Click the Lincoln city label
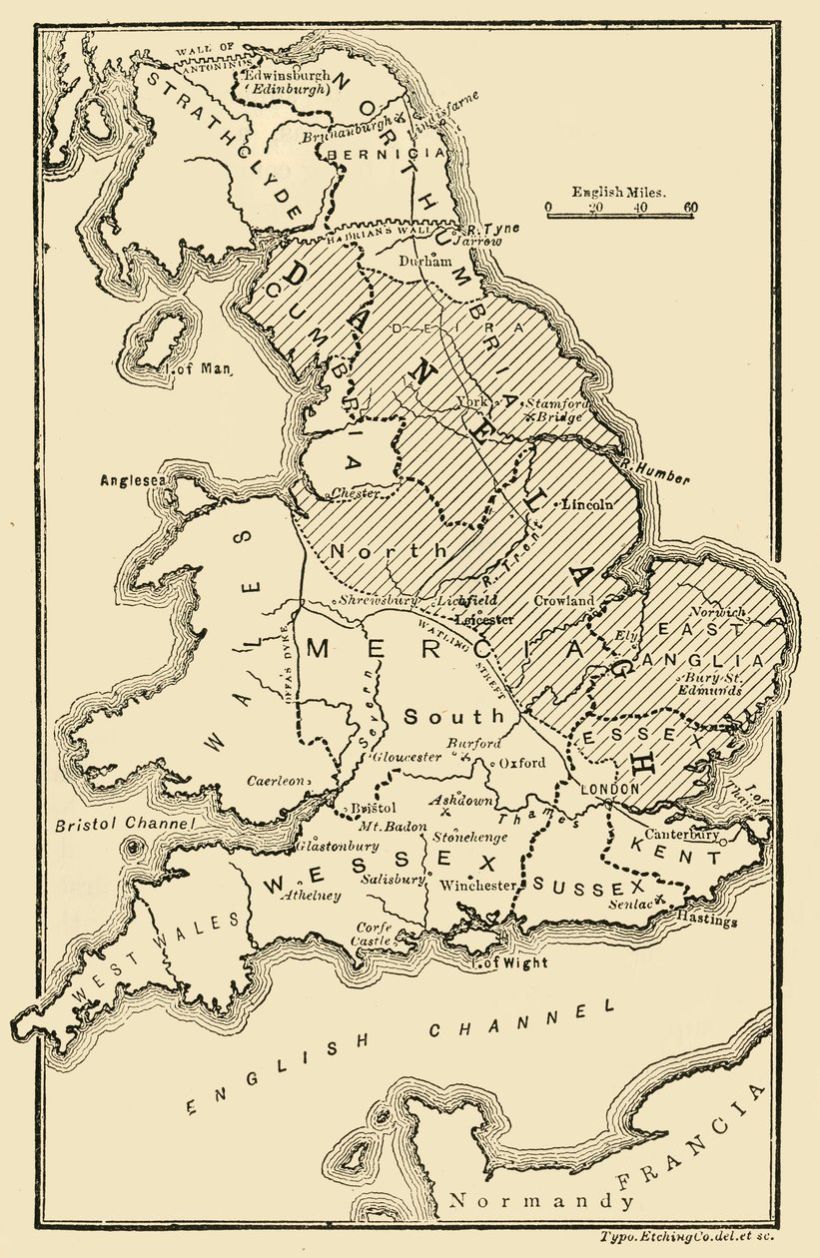coord(589,504)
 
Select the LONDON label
coord(609,788)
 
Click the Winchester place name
coord(478,886)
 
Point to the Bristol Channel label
coord(121,826)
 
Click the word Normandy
coord(540,1200)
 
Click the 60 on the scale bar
coord(690,208)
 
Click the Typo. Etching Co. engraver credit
coord(687,1236)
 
